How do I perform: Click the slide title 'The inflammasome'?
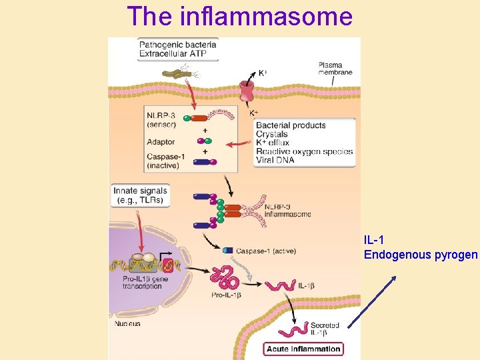click(x=239, y=16)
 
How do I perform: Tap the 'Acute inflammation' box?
click(x=303, y=349)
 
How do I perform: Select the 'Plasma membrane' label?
click(x=335, y=69)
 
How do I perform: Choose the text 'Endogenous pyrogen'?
click(x=421, y=255)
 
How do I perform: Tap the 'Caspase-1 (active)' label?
click(x=265, y=251)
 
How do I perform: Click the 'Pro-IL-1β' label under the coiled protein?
click(x=226, y=295)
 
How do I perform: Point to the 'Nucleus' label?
click(x=127, y=324)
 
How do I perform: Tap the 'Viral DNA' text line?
click(x=276, y=160)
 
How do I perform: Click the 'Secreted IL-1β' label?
click(x=325, y=329)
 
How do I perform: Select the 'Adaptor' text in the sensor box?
click(x=161, y=142)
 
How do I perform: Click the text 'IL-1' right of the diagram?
click(x=373, y=239)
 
